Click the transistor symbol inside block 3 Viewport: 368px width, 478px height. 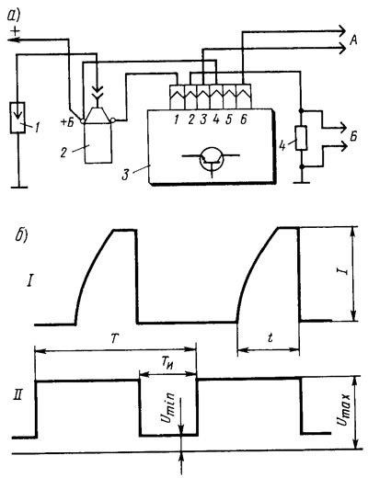(x=212, y=160)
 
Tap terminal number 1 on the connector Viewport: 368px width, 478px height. (x=176, y=119)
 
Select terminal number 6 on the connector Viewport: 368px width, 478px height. (x=243, y=119)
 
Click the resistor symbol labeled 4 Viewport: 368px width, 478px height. (x=301, y=138)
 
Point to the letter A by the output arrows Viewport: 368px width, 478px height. (x=353, y=40)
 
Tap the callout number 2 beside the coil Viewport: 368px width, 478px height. (x=63, y=153)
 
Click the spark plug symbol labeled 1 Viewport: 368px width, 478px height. (x=17, y=118)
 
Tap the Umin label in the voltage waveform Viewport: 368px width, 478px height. (x=168, y=407)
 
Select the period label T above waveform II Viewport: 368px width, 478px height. (x=114, y=338)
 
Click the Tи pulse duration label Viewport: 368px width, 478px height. (x=166, y=364)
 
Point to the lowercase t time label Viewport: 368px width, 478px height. (x=270, y=337)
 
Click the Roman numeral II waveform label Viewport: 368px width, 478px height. (x=17, y=394)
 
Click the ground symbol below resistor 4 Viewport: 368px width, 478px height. (x=302, y=183)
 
